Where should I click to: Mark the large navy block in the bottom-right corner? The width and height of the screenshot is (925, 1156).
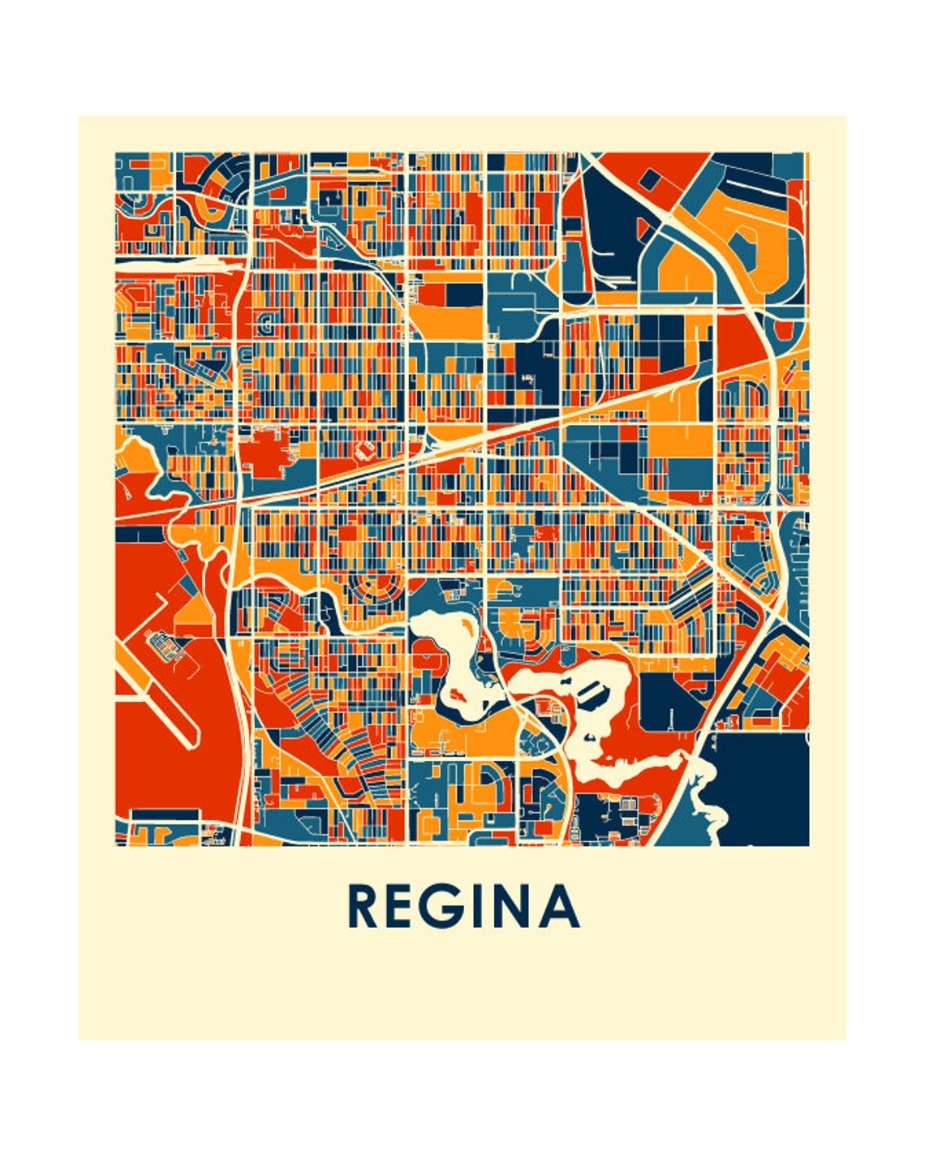(763, 787)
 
